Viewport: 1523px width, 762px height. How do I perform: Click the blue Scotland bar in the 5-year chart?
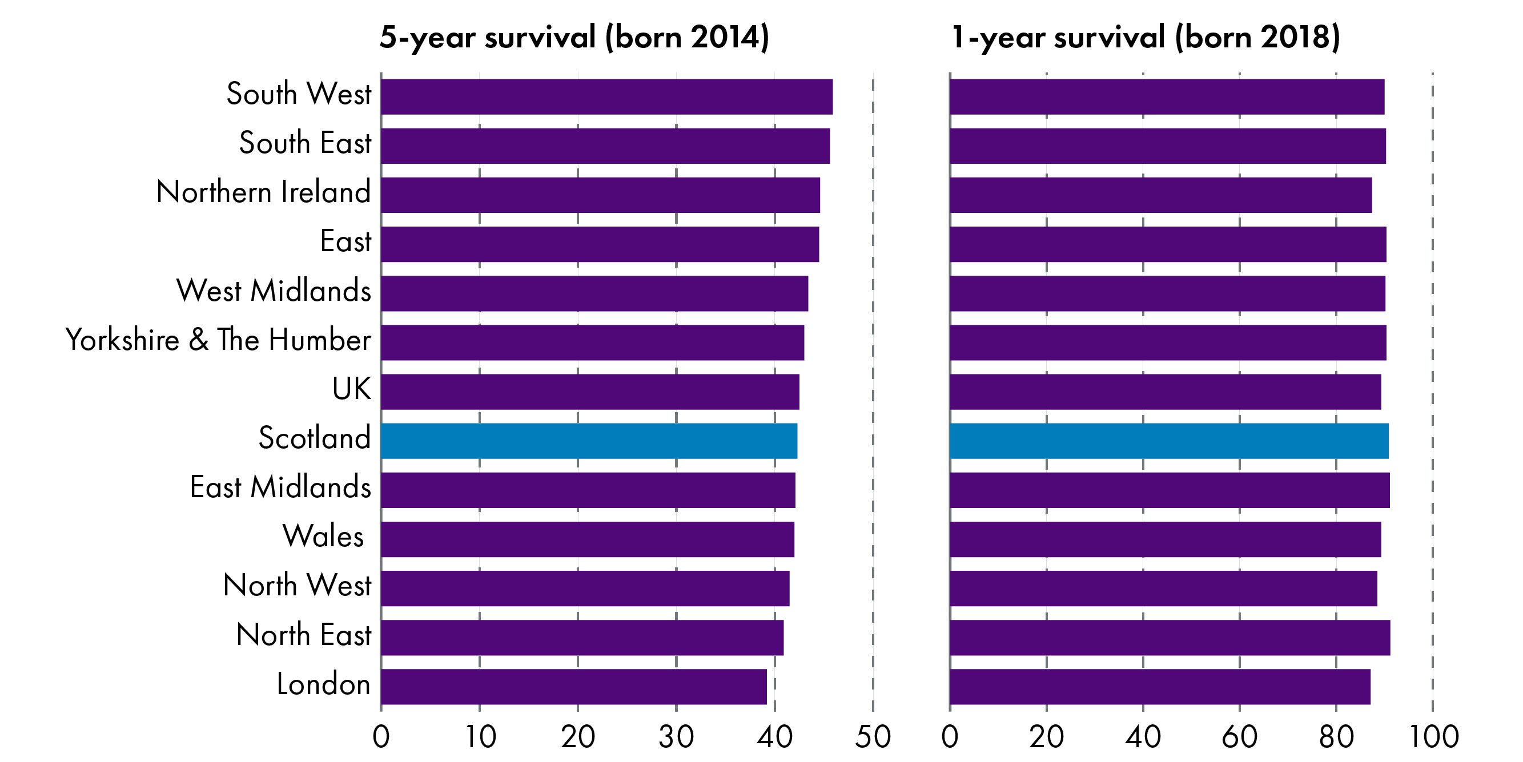point(588,441)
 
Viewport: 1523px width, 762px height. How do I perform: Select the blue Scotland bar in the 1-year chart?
point(1169,441)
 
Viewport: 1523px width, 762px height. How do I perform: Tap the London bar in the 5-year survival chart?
point(573,686)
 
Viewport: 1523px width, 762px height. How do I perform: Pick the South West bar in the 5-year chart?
point(606,96)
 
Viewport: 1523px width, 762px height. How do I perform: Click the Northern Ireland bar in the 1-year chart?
point(1160,195)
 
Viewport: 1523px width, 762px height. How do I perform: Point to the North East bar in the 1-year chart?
point(1170,637)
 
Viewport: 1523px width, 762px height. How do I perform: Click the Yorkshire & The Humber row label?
point(218,340)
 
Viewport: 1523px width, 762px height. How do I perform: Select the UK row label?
point(351,389)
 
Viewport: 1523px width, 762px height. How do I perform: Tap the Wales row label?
point(323,536)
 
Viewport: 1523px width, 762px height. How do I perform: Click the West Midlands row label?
point(274,291)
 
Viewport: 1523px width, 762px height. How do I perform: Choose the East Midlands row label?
point(280,487)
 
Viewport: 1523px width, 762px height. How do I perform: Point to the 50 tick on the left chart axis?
point(873,736)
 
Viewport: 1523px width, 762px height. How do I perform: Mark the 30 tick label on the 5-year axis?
point(676,736)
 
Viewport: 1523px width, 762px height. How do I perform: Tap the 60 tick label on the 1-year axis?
point(1239,736)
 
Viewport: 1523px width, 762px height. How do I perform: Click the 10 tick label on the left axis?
point(480,736)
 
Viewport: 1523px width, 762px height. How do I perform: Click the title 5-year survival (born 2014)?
point(574,37)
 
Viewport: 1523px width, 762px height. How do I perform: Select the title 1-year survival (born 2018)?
point(1145,37)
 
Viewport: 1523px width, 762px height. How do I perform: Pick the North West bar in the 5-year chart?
point(585,588)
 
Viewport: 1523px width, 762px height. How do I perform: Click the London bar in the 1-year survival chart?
point(1159,686)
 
